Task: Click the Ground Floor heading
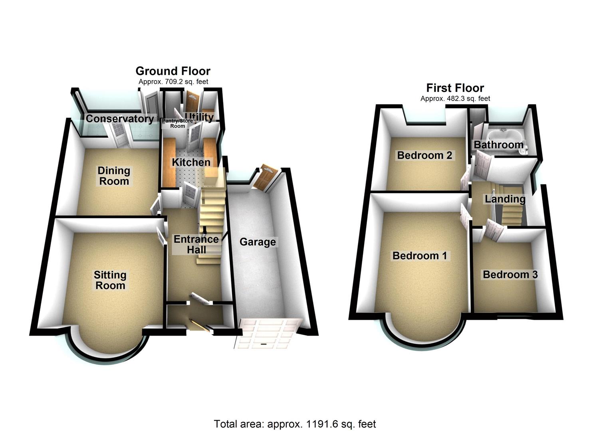(173, 71)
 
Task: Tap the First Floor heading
(455, 88)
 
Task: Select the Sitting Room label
(110, 280)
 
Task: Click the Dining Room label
(114, 176)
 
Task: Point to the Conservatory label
(120, 119)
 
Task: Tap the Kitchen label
(191, 162)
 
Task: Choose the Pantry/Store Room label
(177, 123)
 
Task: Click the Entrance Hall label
(196, 244)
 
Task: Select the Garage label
(258, 242)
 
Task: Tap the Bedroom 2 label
(424, 155)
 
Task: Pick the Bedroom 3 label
(510, 275)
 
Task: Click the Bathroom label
(498, 144)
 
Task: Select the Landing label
(505, 199)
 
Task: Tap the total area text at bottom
(295, 424)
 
